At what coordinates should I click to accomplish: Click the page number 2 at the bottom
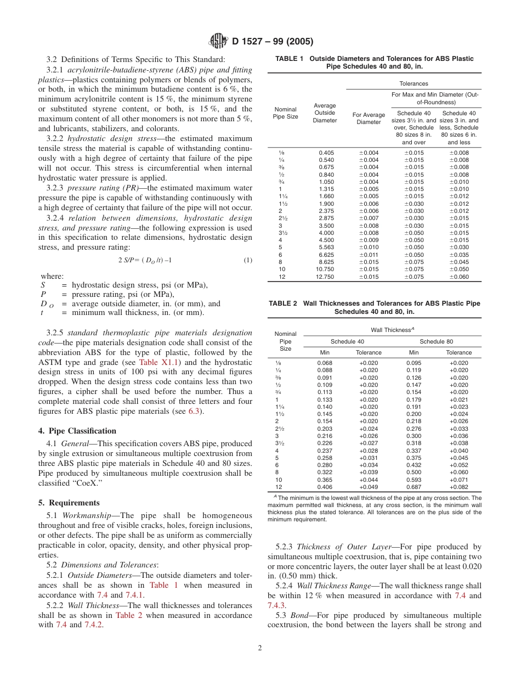tap(260, 648)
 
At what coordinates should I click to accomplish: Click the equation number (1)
tap(248, 260)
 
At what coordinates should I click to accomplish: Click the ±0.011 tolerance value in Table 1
tap(369, 255)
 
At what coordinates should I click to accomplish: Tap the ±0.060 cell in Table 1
tap(459, 277)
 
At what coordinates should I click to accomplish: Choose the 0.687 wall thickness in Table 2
tap(414, 487)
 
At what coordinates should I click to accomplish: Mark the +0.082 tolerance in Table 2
tap(458, 487)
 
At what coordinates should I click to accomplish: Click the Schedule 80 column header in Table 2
tap(436, 341)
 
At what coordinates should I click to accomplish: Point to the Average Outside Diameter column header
tap(325, 113)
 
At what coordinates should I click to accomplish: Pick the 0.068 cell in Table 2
tap(325, 363)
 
